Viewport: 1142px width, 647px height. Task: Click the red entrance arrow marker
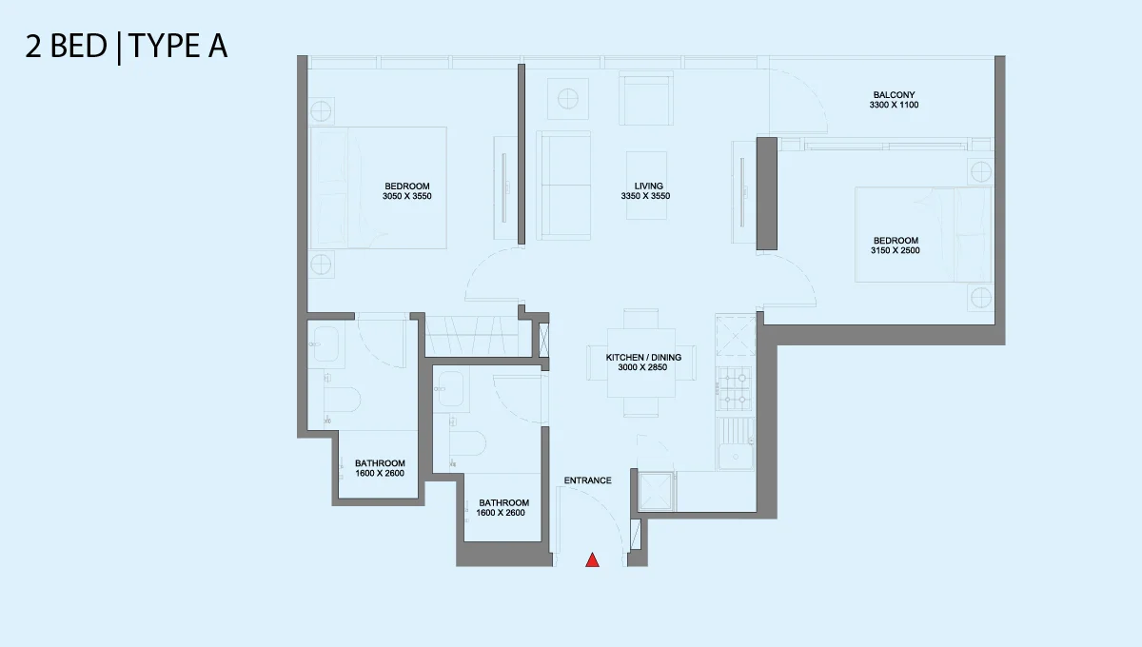tap(592, 559)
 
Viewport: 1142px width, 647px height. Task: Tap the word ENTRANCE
tap(587, 480)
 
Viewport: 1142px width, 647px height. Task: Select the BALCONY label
tap(894, 95)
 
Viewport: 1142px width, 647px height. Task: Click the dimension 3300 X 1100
tap(894, 105)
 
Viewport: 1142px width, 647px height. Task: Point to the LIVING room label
tap(648, 186)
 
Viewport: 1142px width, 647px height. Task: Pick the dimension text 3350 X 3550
tap(645, 196)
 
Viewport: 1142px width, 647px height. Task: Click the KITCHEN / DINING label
tap(643, 358)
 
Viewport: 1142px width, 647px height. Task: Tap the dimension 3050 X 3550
tap(407, 196)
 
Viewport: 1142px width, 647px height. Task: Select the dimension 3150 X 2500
tap(896, 250)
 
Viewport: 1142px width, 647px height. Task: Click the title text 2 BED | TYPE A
tap(127, 47)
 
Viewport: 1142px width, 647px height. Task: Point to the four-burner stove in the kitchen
tap(734, 388)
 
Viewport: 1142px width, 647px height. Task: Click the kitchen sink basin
tap(736, 457)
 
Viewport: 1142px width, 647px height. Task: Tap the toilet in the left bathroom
tap(343, 401)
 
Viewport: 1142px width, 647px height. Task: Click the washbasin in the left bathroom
tap(325, 344)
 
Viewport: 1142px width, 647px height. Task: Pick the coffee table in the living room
tap(646, 186)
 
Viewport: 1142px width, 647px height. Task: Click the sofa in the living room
tap(563, 186)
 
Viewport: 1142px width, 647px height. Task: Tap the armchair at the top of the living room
tap(646, 98)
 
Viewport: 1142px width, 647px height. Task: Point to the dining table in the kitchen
tap(641, 363)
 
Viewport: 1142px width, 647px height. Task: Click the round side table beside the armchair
tap(568, 99)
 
